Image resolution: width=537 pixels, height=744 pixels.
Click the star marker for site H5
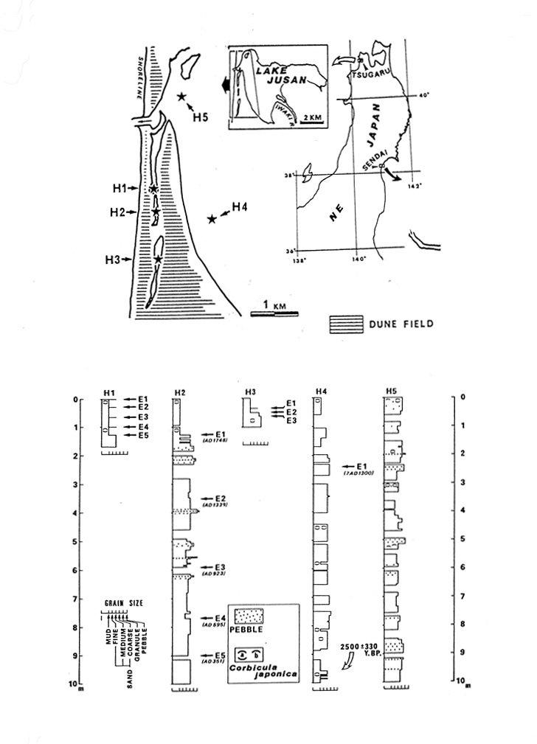point(181,97)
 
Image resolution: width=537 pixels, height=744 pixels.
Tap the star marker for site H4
point(212,219)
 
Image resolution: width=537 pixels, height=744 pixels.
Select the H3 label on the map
point(112,259)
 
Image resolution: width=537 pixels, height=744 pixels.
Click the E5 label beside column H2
point(218,655)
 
